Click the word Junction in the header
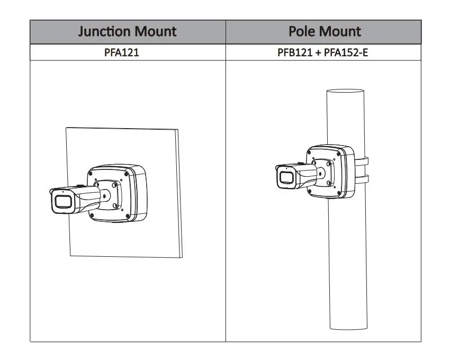(105, 31)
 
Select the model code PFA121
(122, 52)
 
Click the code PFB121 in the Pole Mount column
(295, 52)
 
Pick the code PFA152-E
(346, 52)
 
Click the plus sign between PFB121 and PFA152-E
(318, 52)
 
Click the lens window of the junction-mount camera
(63, 202)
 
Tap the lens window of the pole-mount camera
(286, 178)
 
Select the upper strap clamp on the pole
(362, 161)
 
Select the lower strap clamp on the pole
(362, 179)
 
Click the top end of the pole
(345, 91)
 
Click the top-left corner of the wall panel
(66, 128)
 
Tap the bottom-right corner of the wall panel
(182, 257)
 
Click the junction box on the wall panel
(118, 193)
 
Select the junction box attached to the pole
(330, 172)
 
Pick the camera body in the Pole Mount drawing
(296, 176)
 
